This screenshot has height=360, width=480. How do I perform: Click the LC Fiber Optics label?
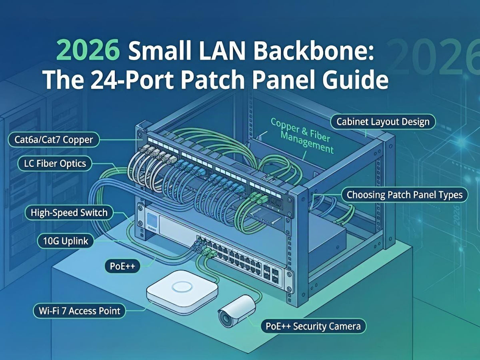click(55, 163)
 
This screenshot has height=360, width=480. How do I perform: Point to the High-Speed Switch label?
click(69, 212)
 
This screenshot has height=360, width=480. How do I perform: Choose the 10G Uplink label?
click(63, 241)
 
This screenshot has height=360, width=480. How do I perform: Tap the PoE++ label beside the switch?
click(122, 266)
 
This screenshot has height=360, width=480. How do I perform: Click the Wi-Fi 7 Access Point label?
click(77, 310)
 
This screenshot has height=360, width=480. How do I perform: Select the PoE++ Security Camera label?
click(313, 326)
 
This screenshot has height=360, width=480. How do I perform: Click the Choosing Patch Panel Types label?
click(404, 195)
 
